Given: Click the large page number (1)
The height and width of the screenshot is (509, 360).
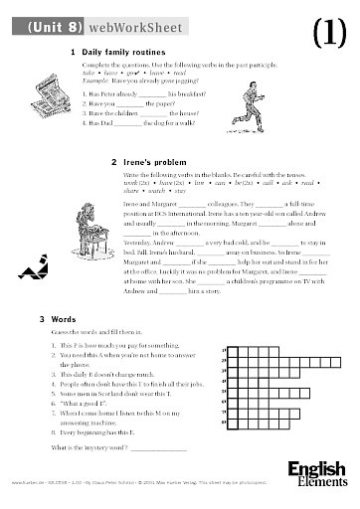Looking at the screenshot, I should click(328, 32).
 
